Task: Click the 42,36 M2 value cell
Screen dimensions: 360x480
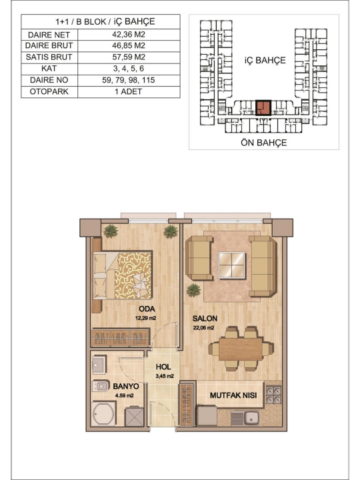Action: click(x=129, y=34)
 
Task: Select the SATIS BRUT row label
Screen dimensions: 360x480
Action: click(x=49, y=57)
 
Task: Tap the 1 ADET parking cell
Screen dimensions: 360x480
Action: click(x=129, y=91)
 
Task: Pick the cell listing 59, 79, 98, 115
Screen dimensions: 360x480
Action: click(x=129, y=80)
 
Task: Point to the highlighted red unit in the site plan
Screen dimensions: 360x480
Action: click(x=263, y=107)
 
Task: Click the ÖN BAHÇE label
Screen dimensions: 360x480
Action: click(x=263, y=143)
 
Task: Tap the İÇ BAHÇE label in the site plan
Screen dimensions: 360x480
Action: click(x=265, y=60)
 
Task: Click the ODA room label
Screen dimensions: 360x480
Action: click(x=147, y=309)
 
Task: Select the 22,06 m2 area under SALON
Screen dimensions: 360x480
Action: click(x=203, y=328)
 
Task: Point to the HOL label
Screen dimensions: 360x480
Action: click(x=163, y=367)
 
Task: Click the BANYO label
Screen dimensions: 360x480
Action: click(x=126, y=386)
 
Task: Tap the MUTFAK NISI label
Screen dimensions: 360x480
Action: click(x=233, y=395)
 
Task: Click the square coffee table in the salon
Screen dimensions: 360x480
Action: click(x=232, y=265)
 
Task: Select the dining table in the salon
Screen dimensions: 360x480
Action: click(x=241, y=349)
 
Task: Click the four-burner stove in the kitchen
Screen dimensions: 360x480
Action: click(x=273, y=395)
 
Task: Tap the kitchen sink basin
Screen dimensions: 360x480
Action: click(x=251, y=417)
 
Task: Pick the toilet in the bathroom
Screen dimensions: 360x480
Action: click(x=101, y=386)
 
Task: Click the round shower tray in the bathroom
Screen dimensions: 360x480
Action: click(x=104, y=413)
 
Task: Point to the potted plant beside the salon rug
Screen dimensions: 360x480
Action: click(x=193, y=290)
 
